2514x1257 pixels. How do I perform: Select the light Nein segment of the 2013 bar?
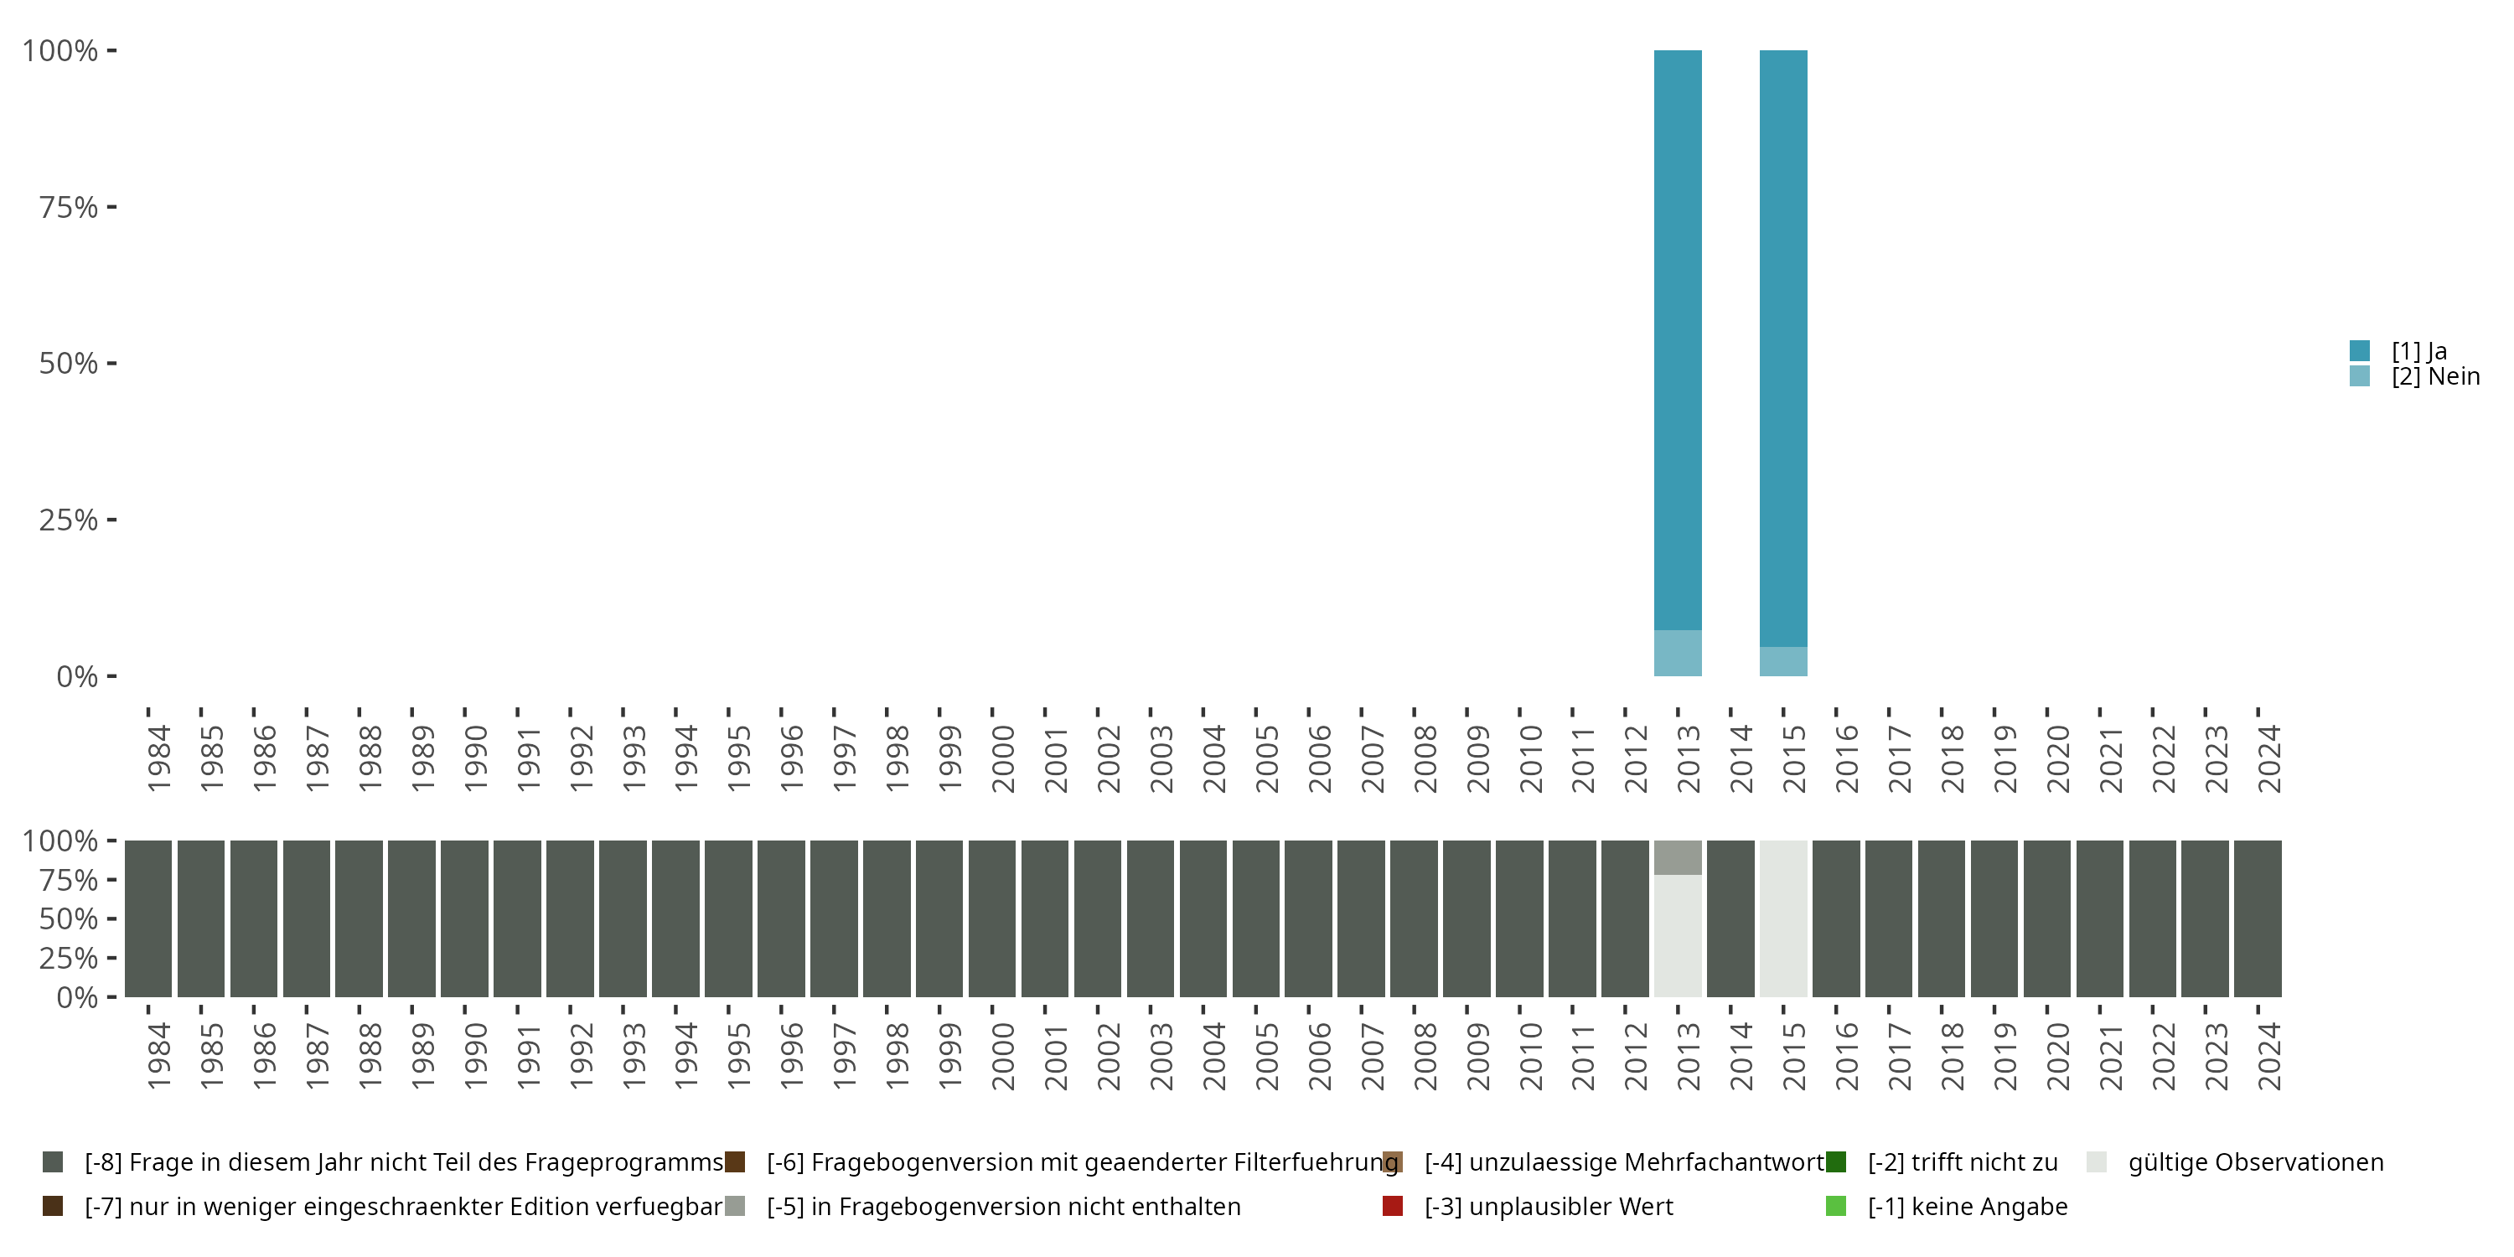click(x=1678, y=653)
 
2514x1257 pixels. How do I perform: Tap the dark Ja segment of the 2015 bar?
click(x=1783, y=348)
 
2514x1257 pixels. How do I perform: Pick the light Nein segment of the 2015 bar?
click(x=1783, y=662)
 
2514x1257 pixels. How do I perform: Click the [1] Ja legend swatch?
click(x=2360, y=350)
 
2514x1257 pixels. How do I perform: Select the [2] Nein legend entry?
click(x=2435, y=377)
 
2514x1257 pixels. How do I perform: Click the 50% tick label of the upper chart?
click(x=69, y=364)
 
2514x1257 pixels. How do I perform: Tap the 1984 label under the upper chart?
click(x=158, y=758)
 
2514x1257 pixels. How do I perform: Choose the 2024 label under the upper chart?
click(x=2269, y=758)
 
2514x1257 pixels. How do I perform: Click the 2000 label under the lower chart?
click(x=1002, y=1056)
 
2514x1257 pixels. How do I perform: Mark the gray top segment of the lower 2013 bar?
click(x=1678, y=858)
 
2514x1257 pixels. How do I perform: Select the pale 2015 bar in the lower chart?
click(x=1783, y=918)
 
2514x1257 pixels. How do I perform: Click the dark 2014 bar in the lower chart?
click(x=1730, y=918)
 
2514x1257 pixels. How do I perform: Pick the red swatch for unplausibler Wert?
click(x=1393, y=1206)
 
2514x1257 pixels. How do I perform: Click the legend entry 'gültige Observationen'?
click(x=2255, y=1162)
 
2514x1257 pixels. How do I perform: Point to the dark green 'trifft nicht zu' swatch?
click(x=1836, y=1162)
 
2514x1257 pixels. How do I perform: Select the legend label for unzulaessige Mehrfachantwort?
click(x=1624, y=1162)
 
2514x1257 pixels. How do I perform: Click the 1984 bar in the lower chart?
click(x=148, y=918)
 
